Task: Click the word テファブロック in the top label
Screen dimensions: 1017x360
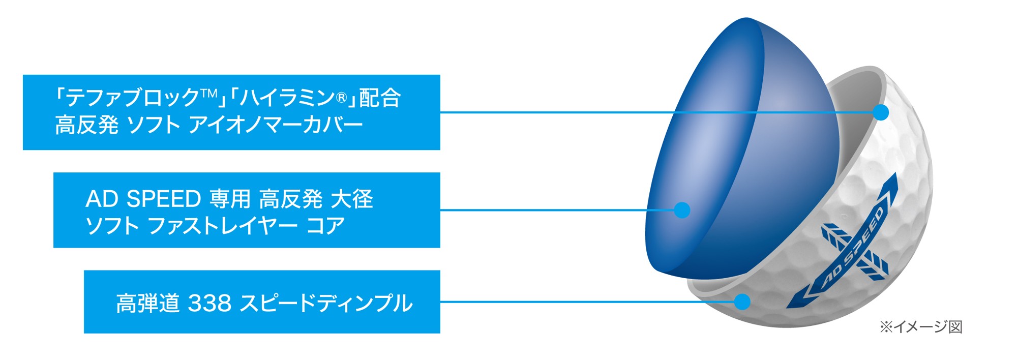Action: pyautogui.click(x=133, y=98)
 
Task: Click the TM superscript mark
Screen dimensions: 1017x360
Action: pyautogui.click(x=209, y=94)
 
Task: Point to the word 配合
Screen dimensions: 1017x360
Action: pyautogui.click(x=380, y=98)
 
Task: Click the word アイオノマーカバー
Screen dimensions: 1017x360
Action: pyautogui.click(x=276, y=125)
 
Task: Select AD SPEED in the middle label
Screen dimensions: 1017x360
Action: pyautogui.click(x=143, y=199)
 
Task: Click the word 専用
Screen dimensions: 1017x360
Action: pyautogui.click(x=230, y=199)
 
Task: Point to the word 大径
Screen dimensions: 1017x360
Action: pyautogui.click(x=352, y=199)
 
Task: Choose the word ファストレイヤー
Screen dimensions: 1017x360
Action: pyautogui.click(x=223, y=226)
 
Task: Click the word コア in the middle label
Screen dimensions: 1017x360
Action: pyautogui.click(x=325, y=226)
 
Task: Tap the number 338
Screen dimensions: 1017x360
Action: pyautogui.click(x=210, y=303)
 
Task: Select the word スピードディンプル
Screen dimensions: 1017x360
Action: pyautogui.click(x=326, y=303)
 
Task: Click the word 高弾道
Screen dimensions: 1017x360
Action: pyautogui.click(x=148, y=303)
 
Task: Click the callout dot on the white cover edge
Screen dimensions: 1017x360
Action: pyautogui.click(x=881, y=112)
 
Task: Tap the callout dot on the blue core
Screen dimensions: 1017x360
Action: pyautogui.click(x=682, y=210)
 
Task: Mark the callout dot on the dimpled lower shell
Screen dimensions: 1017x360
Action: pyautogui.click(x=742, y=302)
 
